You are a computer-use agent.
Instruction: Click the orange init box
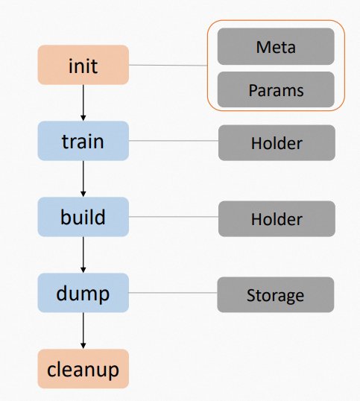[83, 65]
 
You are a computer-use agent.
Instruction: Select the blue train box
[83, 141]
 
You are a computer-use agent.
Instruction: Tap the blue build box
[83, 217]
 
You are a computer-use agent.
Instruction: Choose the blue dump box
[83, 293]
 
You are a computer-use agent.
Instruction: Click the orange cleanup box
[83, 369]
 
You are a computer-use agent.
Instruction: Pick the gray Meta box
[276, 47]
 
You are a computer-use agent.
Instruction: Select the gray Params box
[276, 90]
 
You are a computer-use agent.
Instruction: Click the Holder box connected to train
[277, 142]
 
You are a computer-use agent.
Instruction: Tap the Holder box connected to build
[277, 219]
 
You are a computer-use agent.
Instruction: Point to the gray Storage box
[276, 295]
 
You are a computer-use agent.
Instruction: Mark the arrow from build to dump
[83, 255]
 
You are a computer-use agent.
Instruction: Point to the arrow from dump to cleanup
[83, 331]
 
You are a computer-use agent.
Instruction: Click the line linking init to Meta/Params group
[168, 66]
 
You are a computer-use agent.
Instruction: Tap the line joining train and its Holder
[173, 141]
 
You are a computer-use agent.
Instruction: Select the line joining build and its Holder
[173, 217]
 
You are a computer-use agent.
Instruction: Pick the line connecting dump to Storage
[173, 293]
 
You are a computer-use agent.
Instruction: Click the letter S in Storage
[251, 296]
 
